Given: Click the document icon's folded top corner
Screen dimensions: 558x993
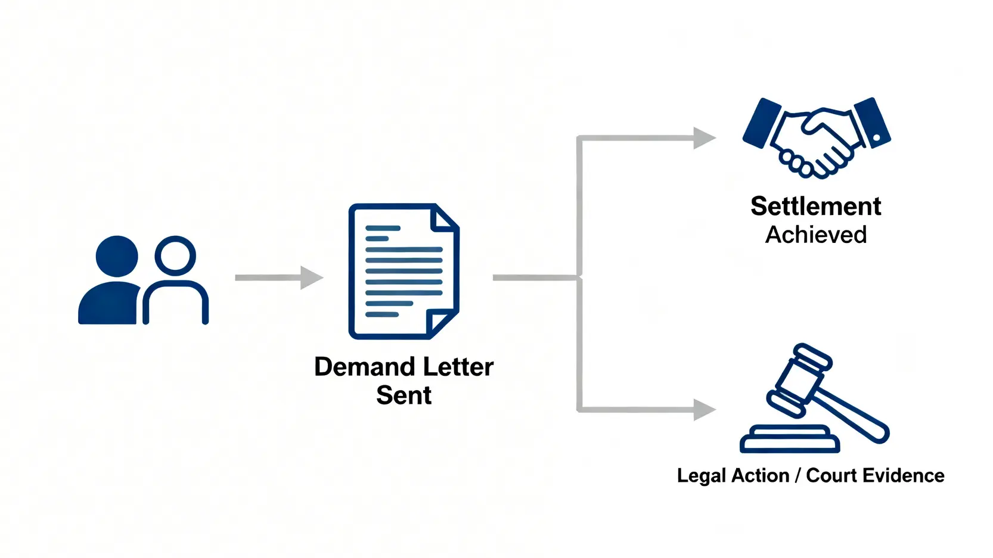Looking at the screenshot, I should (x=443, y=219).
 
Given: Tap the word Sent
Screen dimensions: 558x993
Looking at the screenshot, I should (x=404, y=395).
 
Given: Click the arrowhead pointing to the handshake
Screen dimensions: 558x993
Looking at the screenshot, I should (x=704, y=138).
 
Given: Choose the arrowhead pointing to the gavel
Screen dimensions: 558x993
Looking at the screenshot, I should (x=704, y=410).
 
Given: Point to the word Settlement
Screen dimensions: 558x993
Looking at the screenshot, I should (x=815, y=207).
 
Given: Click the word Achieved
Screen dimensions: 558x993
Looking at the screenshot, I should (x=815, y=235).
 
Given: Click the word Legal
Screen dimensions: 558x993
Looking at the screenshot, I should (x=702, y=476).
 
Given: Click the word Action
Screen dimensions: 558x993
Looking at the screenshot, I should (x=760, y=476).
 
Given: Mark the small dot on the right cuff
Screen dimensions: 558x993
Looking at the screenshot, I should (x=876, y=138).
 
